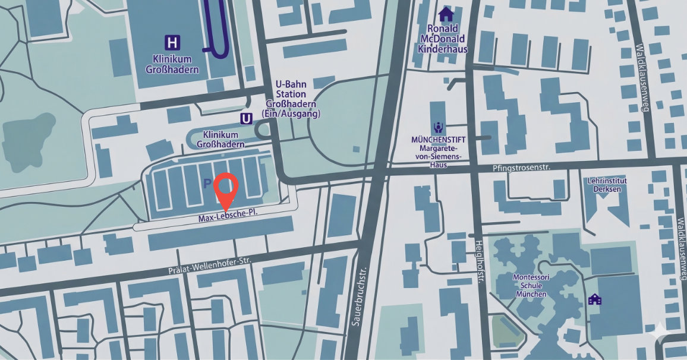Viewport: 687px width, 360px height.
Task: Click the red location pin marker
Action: pyautogui.click(x=225, y=188)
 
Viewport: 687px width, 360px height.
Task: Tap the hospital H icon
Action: pyautogui.click(x=172, y=43)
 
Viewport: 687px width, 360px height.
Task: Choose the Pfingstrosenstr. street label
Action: pyautogui.click(x=522, y=168)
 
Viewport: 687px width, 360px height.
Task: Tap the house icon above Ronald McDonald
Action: pyautogui.click(x=446, y=14)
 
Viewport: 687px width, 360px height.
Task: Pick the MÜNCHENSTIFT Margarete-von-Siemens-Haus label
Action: pyautogui.click(x=439, y=151)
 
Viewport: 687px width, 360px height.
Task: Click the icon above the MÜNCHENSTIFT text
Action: pyautogui.click(x=438, y=127)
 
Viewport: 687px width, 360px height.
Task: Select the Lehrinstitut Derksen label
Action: pyautogui.click(x=607, y=185)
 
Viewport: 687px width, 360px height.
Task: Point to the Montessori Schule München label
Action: pyautogui.click(x=530, y=286)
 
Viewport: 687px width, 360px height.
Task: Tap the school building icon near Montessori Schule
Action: pyautogui.click(x=595, y=299)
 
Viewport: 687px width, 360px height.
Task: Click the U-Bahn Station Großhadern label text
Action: pyautogui.click(x=291, y=99)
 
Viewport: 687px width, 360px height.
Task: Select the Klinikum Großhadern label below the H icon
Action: pyautogui.click(x=172, y=64)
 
